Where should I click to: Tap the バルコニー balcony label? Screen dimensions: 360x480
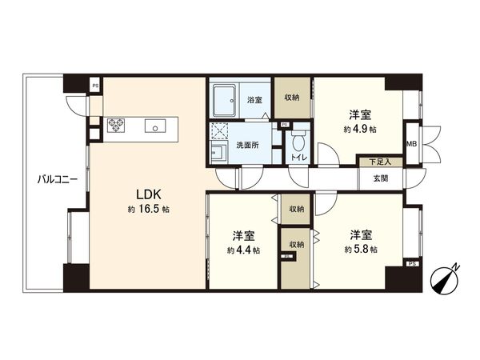(57, 179)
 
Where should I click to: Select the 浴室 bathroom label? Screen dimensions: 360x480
(254, 100)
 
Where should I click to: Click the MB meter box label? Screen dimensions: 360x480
(411, 143)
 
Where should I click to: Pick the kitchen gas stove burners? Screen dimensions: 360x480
(117, 125)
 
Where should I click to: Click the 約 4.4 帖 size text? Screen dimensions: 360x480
(242, 250)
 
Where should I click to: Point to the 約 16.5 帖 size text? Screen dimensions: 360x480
(148, 209)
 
